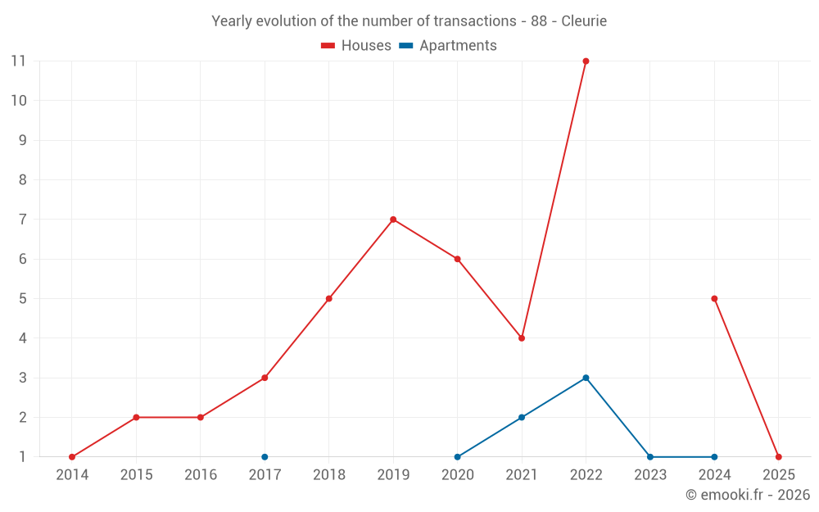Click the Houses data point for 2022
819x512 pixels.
[x=586, y=61]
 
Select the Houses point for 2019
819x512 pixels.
[x=393, y=220]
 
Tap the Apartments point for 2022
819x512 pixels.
[x=586, y=378]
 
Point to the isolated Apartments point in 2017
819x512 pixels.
[x=265, y=457]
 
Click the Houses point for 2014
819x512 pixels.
[x=72, y=457]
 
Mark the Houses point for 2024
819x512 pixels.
[x=714, y=298]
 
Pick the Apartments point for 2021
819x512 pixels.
[x=522, y=417]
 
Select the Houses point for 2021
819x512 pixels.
[x=522, y=338]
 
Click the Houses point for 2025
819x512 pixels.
[x=778, y=457]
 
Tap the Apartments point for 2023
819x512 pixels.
[x=650, y=457]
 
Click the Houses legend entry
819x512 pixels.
[x=356, y=46]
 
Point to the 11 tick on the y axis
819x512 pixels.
[x=18, y=61]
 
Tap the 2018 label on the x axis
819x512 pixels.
[x=328, y=475]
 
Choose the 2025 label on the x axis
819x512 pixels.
[x=778, y=475]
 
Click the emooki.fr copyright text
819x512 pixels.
[x=747, y=495]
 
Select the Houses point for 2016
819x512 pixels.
[x=201, y=417]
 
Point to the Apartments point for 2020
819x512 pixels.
[x=457, y=457]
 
